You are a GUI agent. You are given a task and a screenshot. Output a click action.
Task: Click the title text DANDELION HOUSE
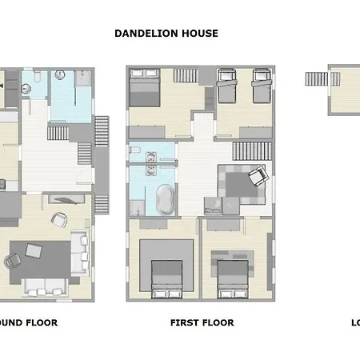click(x=166, y=34)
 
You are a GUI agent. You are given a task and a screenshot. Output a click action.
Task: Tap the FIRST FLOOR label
click(x=202, y=323)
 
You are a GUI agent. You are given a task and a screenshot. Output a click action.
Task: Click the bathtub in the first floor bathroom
click(x=165, y=198)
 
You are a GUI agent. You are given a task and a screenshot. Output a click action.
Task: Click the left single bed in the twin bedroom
click(x=228, y=82)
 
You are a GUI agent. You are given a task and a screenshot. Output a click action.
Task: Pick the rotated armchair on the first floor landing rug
click(x=258, y=177)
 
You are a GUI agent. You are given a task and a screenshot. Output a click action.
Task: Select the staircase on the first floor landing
click(x=249, y=149)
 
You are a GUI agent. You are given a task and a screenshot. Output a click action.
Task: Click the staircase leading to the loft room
click(x=317, y=79)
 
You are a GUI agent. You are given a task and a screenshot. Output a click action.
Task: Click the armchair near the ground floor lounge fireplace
click(x=58, y=218)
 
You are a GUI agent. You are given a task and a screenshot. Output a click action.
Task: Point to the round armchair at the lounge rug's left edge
click(x=12, y=260)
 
